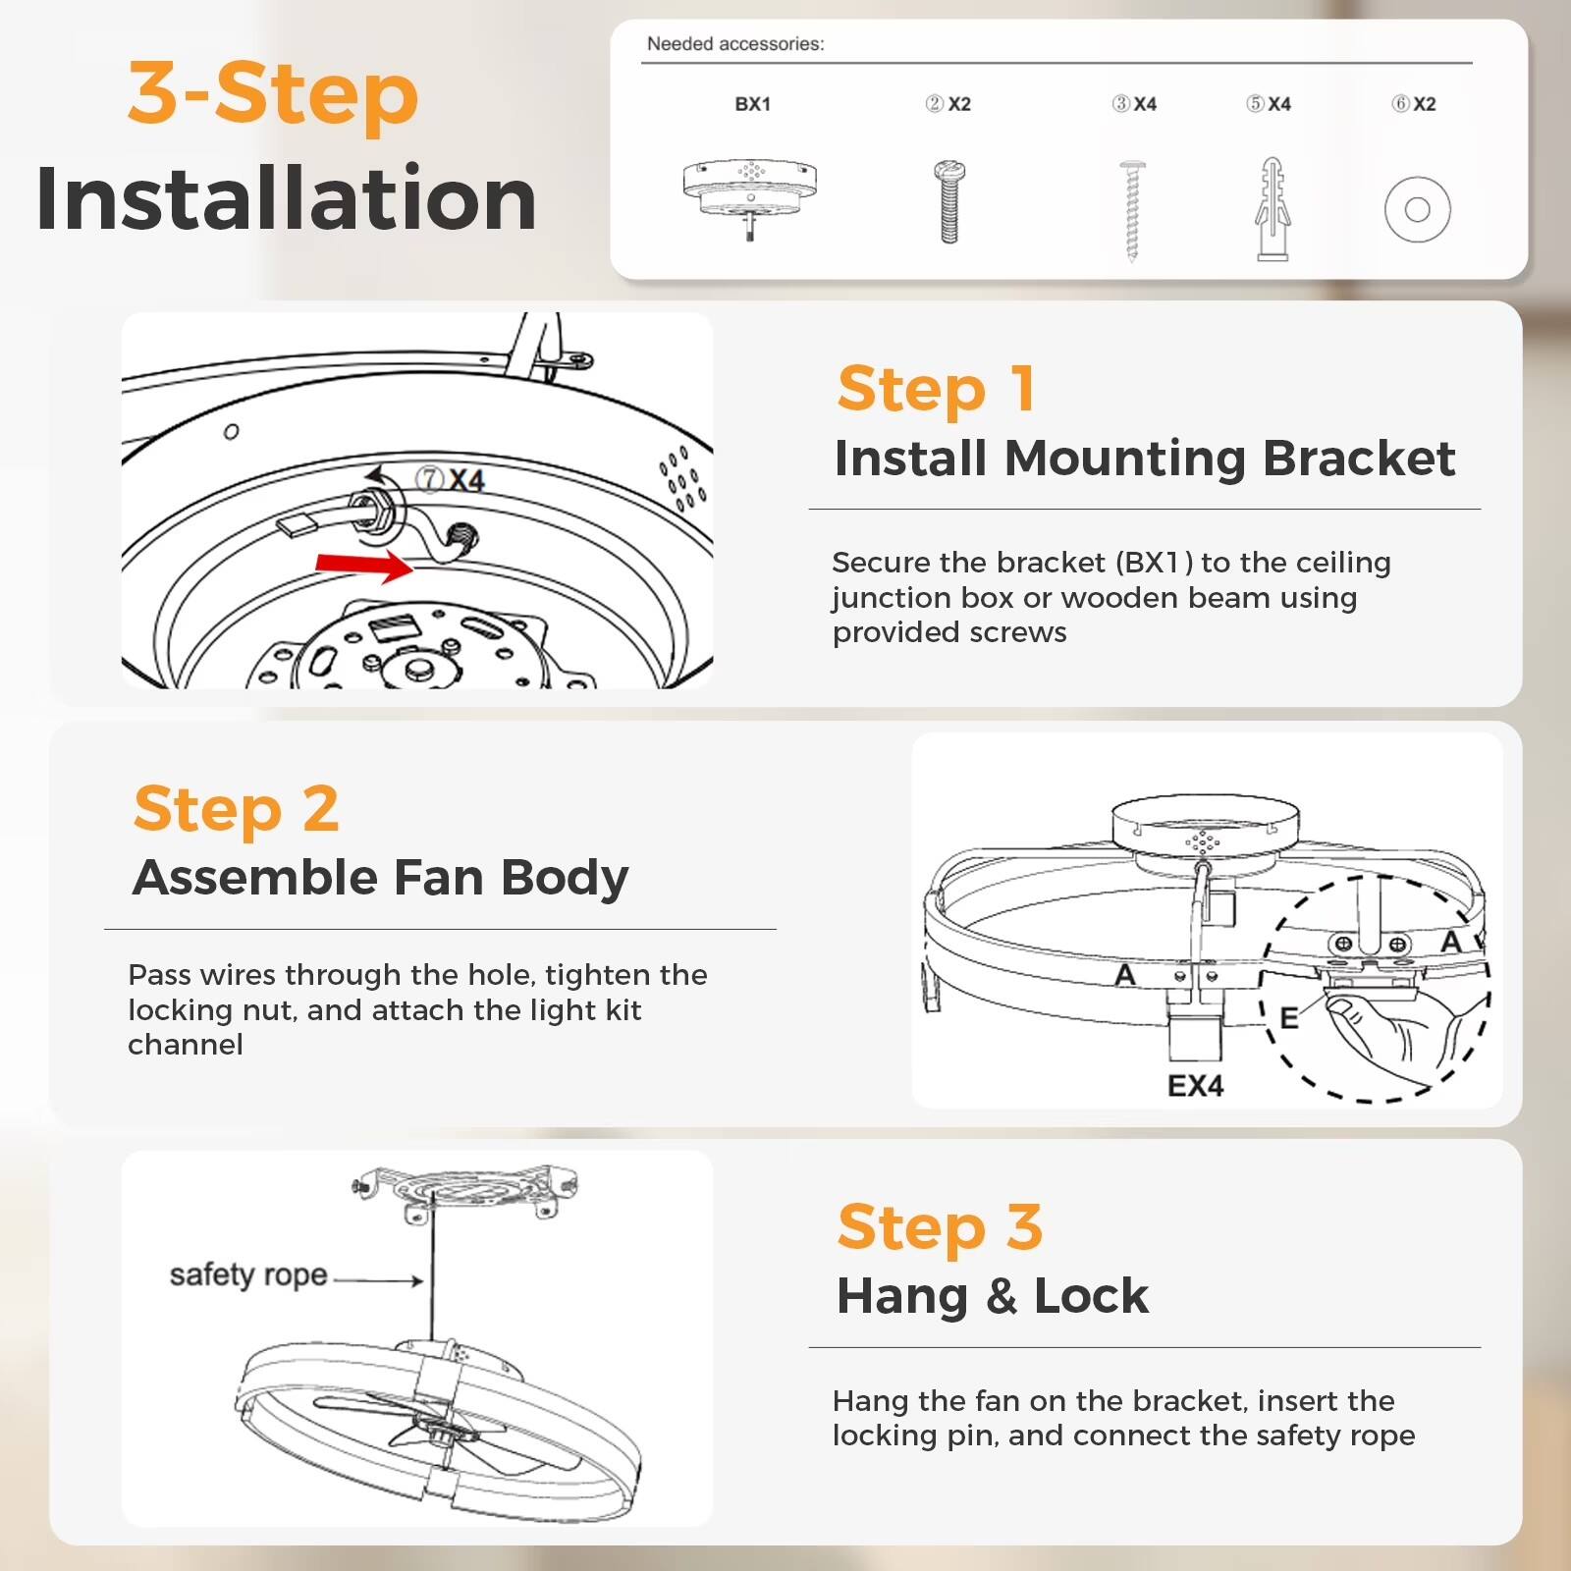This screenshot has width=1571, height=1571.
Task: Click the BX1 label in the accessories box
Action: coord(752,104)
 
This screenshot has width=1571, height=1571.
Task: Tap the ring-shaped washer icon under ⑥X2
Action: coord(1417,209)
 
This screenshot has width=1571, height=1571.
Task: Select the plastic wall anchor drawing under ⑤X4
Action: coord(1272,209)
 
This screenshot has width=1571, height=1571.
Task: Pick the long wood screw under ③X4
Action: coord(1132,209)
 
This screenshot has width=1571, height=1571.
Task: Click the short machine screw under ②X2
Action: coord(948,202)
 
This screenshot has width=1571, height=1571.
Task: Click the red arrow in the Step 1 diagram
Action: coord(364,565)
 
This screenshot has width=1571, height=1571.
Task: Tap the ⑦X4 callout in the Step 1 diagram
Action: coord(450,479)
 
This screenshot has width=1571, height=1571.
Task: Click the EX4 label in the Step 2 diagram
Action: coord(1195,1086)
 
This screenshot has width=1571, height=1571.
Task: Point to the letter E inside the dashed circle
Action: coord(1289,1017)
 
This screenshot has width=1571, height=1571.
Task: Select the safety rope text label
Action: coord(247,1274)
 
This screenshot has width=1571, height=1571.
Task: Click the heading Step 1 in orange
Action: coord(936,389)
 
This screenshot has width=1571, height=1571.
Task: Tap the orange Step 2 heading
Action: coord(237,809)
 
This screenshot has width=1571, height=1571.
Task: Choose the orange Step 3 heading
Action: coord(940,1226)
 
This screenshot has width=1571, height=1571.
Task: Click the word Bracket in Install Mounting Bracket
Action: coord(1358,459)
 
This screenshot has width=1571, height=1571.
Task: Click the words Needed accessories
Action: coord(735,44)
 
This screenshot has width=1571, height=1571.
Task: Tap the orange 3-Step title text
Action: coord(273,93)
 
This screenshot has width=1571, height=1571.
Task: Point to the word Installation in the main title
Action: coord(286,199)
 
